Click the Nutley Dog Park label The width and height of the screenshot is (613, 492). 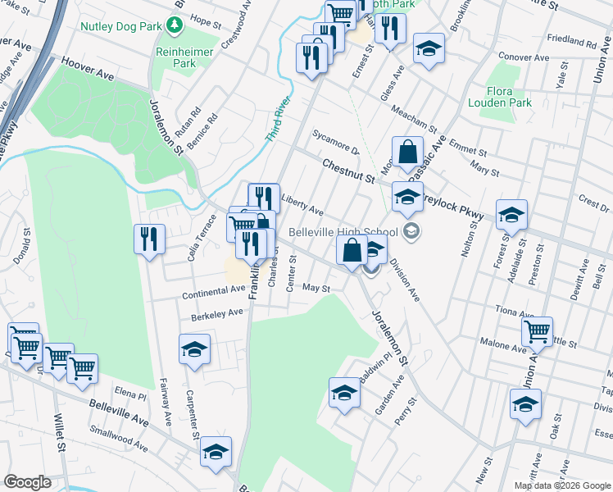(122, 25)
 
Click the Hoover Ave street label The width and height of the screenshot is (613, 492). (88, 67)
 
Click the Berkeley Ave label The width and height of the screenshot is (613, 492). (217, 312)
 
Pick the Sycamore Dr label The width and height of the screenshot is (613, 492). (336, 143)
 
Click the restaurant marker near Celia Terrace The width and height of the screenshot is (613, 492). (149, 239)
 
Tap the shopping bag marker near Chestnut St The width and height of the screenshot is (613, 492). (407, 151)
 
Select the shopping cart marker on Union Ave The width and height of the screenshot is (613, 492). (537, 331)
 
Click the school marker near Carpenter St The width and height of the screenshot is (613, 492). (194, 349)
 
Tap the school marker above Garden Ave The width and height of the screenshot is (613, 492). (345, 392)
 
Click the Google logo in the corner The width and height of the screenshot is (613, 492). (27, 483)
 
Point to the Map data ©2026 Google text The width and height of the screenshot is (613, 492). (562, 485)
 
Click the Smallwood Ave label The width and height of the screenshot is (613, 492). (119, 439)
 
